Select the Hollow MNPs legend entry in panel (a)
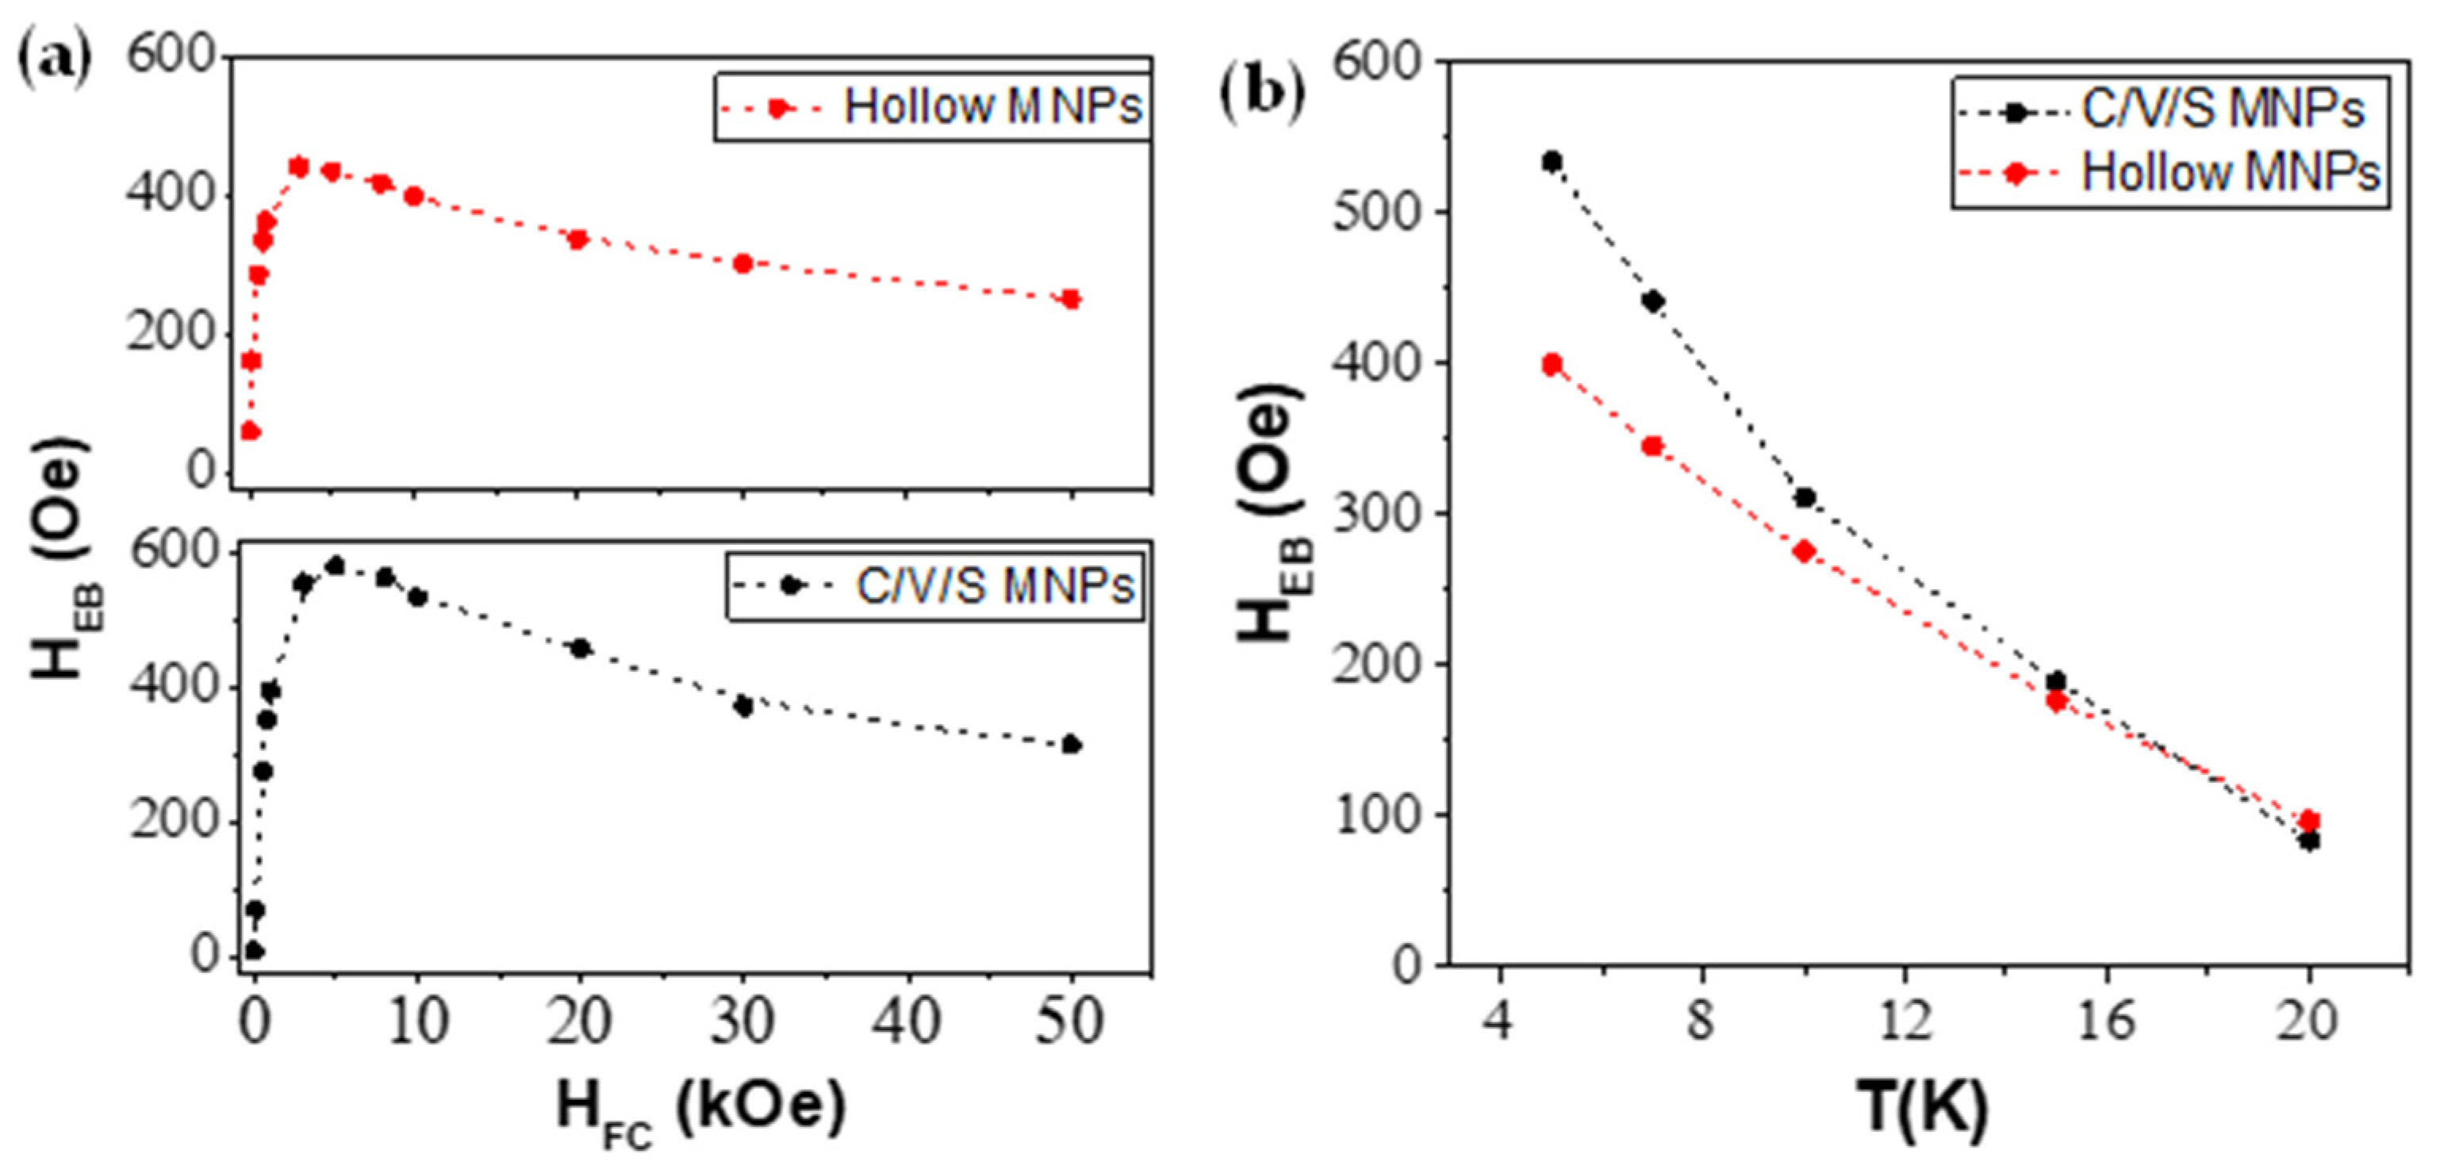[933, 107]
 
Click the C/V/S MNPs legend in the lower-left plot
[936, 586]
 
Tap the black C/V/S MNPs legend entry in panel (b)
[2169, 111]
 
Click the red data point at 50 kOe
[1070, 299]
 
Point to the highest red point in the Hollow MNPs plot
[298, 167]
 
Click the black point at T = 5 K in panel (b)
[1552, 162]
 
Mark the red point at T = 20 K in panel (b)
[2309, 820]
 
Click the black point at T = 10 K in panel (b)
[1805, 497]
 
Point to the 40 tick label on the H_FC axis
[907, 1022]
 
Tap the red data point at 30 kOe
[742, 263]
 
